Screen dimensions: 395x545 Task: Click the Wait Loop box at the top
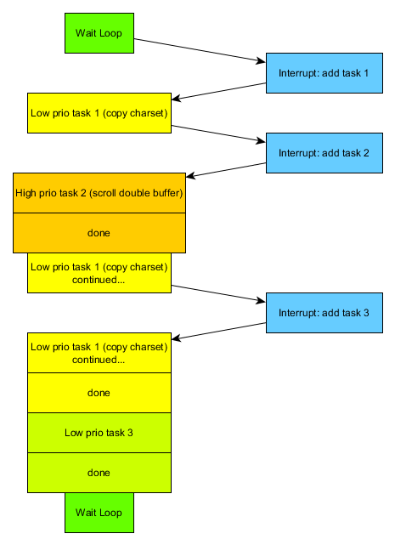(x=99, y=33)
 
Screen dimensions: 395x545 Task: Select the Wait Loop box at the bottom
(x=99, y=513)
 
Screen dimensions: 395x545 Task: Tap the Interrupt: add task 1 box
(x=324, y=73)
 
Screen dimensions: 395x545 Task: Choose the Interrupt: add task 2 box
(x=324, y=153)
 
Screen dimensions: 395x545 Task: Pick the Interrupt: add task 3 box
(x=324, y=313)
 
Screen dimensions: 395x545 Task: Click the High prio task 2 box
(x=99, y=193)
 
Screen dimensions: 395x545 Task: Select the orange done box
(x=99, y=233)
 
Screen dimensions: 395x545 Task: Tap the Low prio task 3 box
(x=99, y=433)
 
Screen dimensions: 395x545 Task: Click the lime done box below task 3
(x=99, y=473)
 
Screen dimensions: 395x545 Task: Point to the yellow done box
(x=99, y=393)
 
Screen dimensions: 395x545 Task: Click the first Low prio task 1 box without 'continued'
(x=99, y=113)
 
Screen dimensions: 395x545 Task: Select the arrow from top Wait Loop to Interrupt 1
(x=200, y=50)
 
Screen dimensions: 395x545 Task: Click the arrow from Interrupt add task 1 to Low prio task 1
(x=219, y=92)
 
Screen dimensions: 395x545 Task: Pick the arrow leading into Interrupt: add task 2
(x=218, y=133)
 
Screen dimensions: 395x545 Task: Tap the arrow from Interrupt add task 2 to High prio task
(x=226, y=170)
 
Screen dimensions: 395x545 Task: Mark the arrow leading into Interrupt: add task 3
(x=218, y=293)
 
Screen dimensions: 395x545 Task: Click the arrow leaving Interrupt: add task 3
(x=219, y=332)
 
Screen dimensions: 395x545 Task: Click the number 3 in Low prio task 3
(x=130, y=433)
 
